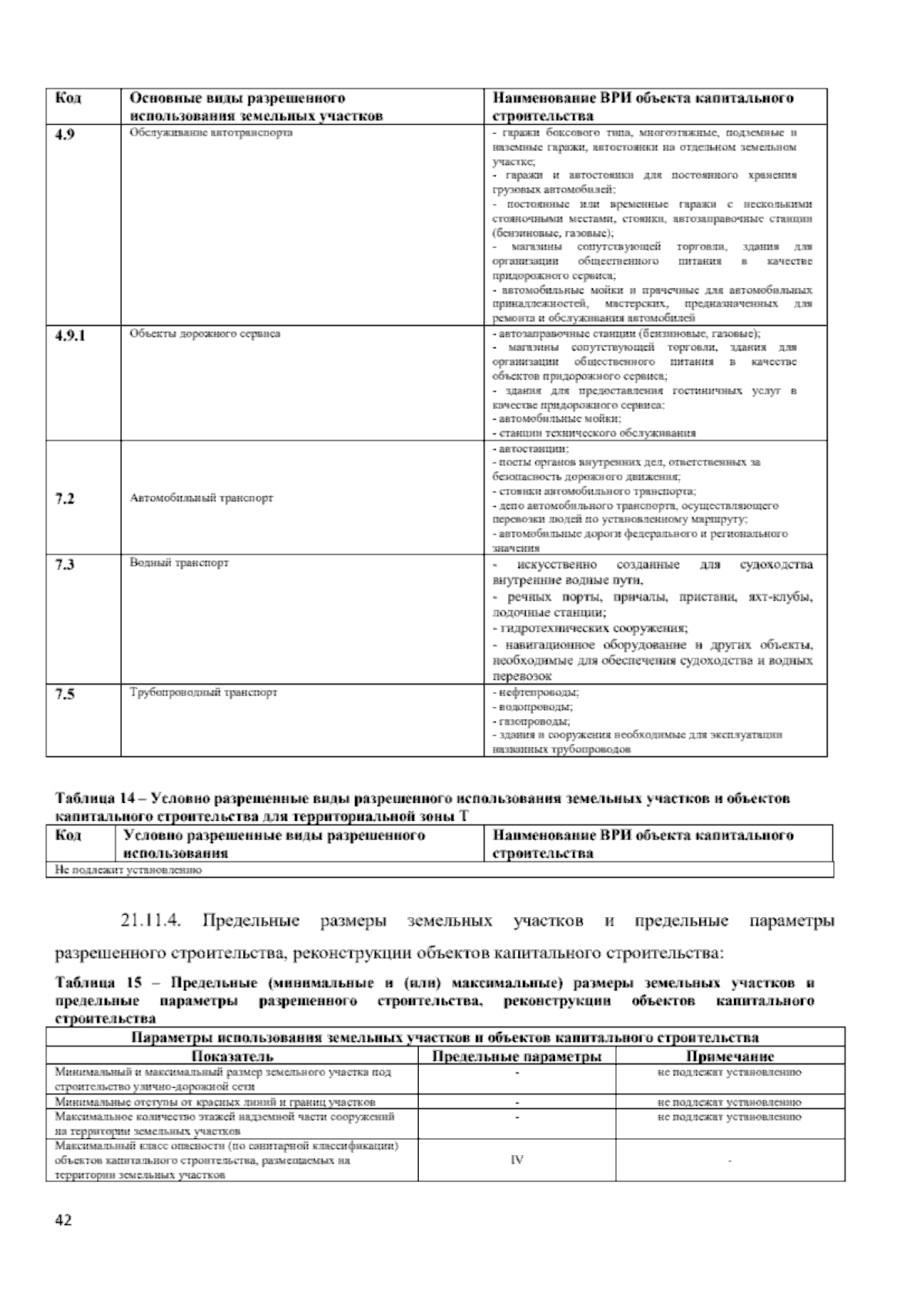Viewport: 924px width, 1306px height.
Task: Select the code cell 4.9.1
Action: [70, 335]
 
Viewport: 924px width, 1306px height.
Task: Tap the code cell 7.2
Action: [65, 498]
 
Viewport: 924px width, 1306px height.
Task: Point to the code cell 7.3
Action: [65, 564]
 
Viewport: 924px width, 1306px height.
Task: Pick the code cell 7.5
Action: [65, 694]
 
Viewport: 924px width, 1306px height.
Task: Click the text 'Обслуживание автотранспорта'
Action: [200, 133]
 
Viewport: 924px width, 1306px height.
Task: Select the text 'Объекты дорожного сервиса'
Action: [205, 333]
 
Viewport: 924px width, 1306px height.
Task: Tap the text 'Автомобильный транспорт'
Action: [202, 498]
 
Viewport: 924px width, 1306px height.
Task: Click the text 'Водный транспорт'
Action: [179, 563]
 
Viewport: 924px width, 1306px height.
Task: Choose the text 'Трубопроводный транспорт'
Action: [203, 692]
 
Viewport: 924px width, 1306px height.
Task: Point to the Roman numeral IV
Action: [517, 1160]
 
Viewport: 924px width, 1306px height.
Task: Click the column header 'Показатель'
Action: [232, 1057]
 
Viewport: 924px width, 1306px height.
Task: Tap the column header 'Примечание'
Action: [729, 1057]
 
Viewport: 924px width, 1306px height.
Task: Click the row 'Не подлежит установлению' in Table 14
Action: [127, 870]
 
